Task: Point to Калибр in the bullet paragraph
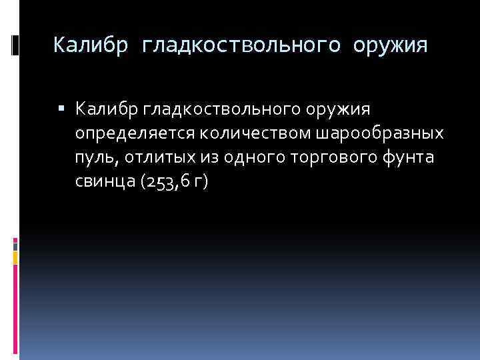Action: pos(104,108)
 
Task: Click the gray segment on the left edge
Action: pos(15,245)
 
